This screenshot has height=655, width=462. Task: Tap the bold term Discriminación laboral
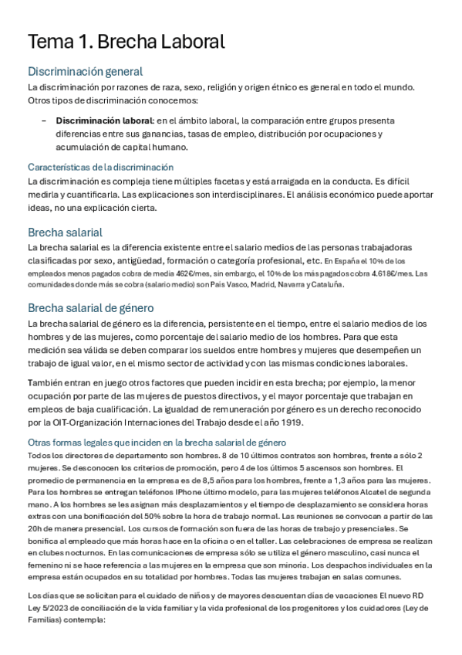[104, 121]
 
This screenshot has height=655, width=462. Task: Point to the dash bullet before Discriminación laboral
[44, 121]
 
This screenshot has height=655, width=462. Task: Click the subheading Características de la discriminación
[100, 167]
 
